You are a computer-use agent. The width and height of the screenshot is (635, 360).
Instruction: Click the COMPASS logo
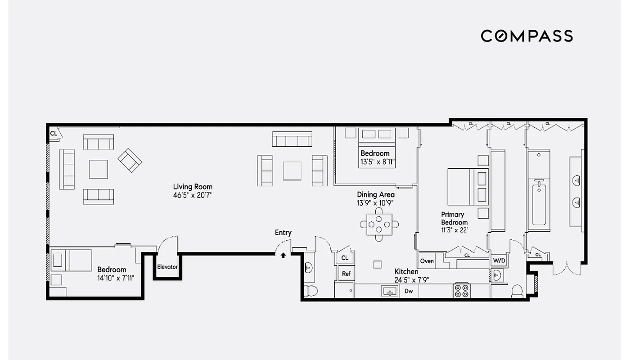(527, 36)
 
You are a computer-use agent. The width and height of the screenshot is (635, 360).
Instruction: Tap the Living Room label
(193, 187)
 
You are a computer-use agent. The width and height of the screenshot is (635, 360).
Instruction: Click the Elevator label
(167, 267)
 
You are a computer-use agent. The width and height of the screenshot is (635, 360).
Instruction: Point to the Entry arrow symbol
(283, 256)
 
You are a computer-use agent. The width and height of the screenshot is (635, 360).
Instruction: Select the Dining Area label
(376, 195)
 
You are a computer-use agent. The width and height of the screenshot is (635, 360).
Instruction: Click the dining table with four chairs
(379, 223)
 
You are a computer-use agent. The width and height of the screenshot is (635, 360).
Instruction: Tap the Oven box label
(427, 261)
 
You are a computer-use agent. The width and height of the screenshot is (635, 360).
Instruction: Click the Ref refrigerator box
(346, 274)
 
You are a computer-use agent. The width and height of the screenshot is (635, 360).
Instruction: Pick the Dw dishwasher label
(409, 291)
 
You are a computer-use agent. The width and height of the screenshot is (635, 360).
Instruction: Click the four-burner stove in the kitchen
(461, 290)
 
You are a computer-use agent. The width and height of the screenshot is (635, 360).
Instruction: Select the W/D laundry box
(498, 261)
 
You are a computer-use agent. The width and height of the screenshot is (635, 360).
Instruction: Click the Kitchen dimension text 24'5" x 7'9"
(412, 280)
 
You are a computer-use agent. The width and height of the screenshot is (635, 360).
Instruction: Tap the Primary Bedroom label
(454, 218)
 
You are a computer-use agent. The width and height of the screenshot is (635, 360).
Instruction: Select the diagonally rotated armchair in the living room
(130, 160)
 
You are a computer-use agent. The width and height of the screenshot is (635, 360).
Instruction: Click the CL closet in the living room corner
(54, 134)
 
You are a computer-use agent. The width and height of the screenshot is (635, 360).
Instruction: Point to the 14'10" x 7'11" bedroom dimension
(116, 278)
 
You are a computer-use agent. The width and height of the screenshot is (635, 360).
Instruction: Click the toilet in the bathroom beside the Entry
(310, 290)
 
